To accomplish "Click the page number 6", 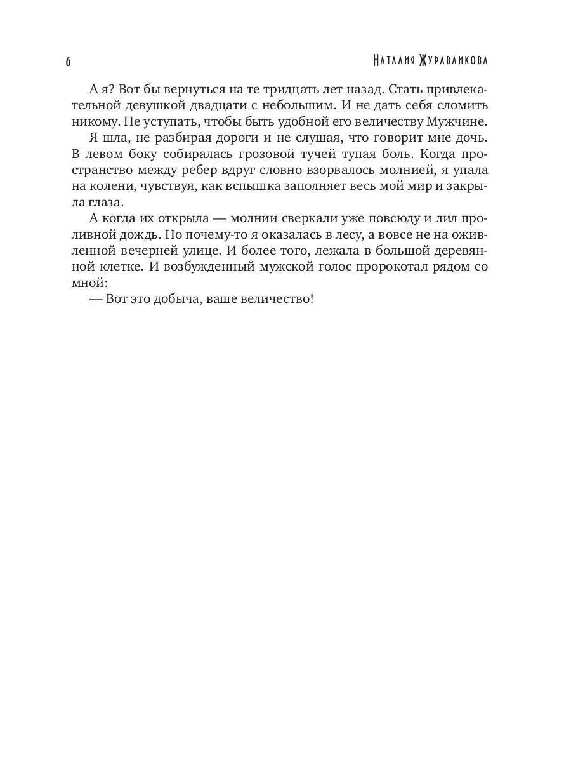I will (69, 62).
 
